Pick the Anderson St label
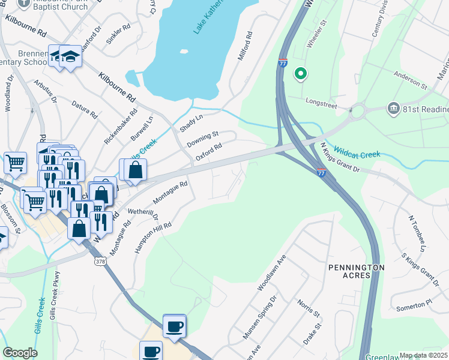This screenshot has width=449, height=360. pos(410,80)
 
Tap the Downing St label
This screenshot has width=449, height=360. pos(202,139)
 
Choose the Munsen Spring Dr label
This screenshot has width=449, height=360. pos(260,317)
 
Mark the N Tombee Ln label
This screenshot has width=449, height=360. pos(417,233)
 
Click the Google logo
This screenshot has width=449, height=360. pos(20,353)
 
